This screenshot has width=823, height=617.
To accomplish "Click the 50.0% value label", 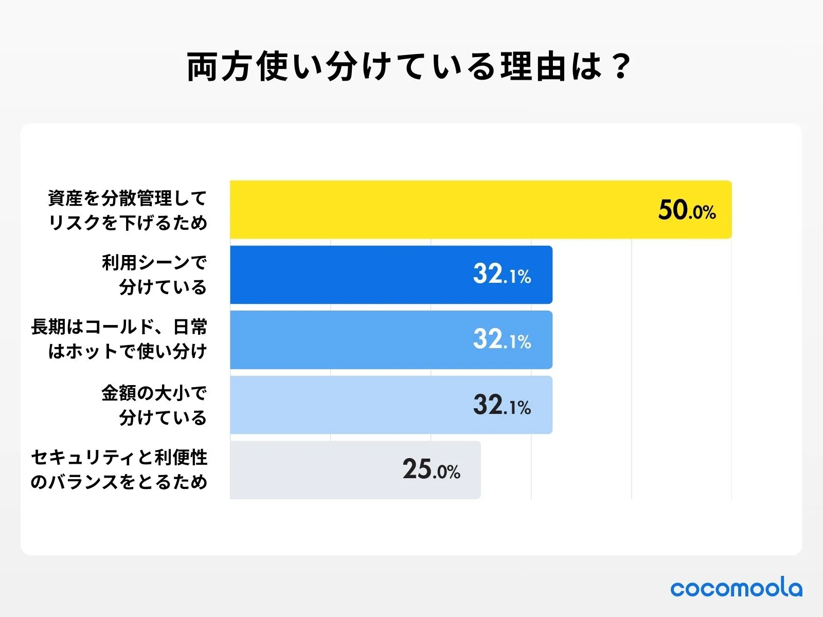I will [x=687, y=210].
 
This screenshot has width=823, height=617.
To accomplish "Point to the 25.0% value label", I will [x=431, y=469].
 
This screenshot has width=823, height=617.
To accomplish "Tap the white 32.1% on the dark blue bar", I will [x=502, y=275].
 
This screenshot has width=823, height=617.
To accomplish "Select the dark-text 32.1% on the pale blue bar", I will [x=502, y=405].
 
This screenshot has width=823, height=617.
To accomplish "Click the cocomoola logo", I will [x=736, y=588].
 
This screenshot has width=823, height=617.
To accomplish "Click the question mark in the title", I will [x=621, y=67].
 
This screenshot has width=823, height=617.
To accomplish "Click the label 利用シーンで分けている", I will [x=154, y=275].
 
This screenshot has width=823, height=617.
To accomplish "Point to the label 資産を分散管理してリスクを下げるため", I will [x=128, y=210].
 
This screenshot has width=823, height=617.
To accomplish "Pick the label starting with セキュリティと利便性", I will [x=119, y=469].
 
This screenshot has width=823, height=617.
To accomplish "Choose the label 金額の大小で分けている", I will [x=154, y=405].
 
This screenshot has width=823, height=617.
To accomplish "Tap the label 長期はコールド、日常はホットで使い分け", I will [x=119, y=339].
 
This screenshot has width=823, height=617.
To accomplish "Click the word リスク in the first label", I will [x=75, y=223].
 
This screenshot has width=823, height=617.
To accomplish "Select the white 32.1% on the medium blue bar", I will [x=502, y=340].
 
